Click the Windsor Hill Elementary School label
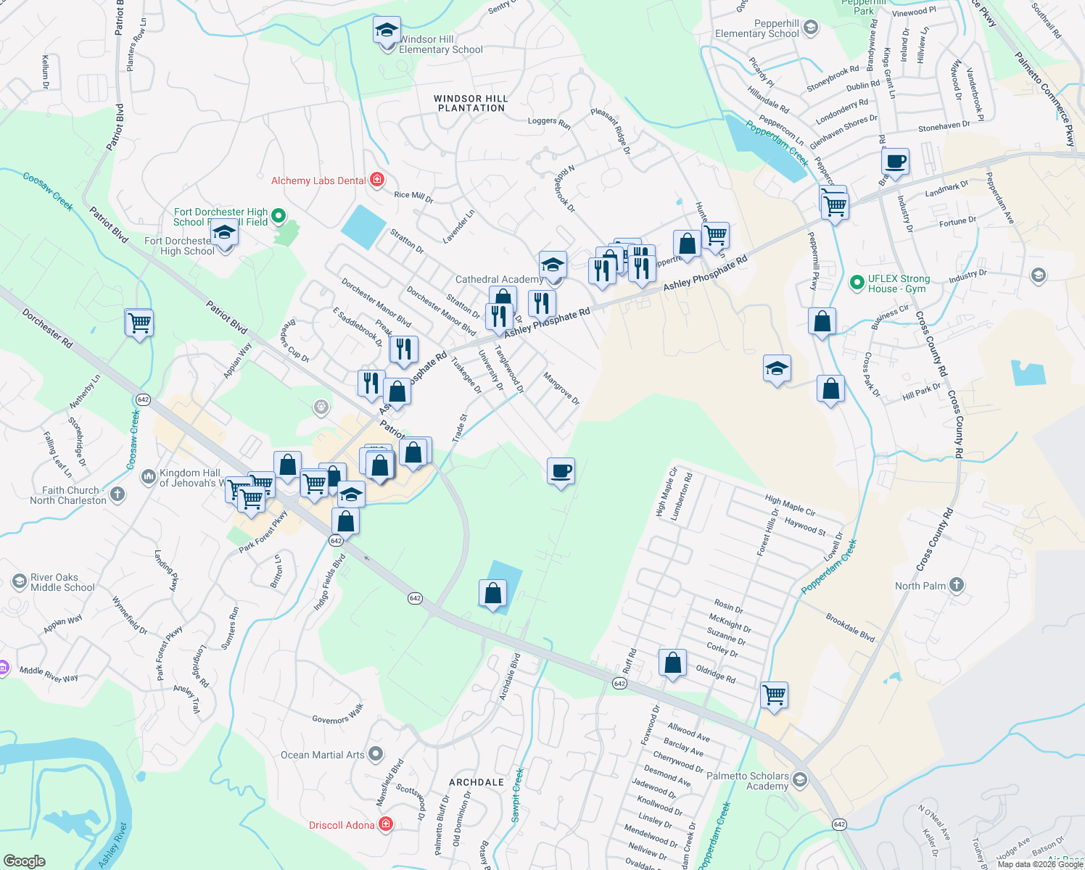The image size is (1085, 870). [440, 44]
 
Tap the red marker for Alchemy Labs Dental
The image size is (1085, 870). [376, 180]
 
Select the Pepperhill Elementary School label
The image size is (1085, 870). [756, 29]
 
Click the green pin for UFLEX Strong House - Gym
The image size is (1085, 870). [857, 281]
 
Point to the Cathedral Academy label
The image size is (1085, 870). [499, 279]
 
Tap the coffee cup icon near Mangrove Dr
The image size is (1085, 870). [561, 471]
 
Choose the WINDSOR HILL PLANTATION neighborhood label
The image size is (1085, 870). [471, 103]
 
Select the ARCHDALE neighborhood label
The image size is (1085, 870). [477, 782]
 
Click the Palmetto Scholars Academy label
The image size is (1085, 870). [747, 781]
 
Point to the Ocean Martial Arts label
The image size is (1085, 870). [323, 755]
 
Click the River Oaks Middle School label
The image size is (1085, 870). [62, 582]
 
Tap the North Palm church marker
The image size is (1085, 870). [957, 585]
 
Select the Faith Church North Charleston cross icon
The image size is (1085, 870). [117, 494]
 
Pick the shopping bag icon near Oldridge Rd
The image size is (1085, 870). [673, 663]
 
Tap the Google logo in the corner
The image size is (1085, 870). [25, 861]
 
